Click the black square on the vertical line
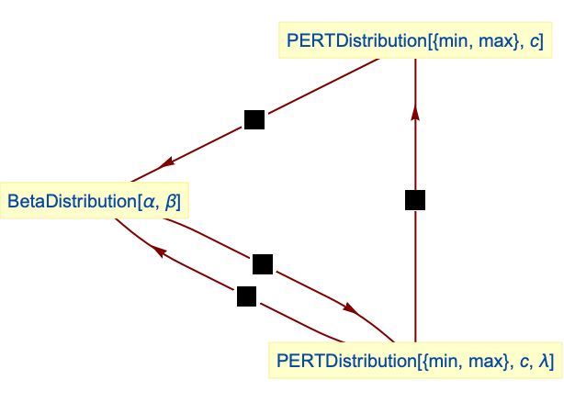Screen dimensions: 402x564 415,199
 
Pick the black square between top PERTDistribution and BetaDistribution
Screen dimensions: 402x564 254,119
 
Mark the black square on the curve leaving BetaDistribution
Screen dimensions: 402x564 263,264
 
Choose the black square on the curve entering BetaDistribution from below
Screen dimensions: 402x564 246,296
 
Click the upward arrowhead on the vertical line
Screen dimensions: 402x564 415,112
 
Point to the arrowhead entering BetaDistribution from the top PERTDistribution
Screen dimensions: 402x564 167,163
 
